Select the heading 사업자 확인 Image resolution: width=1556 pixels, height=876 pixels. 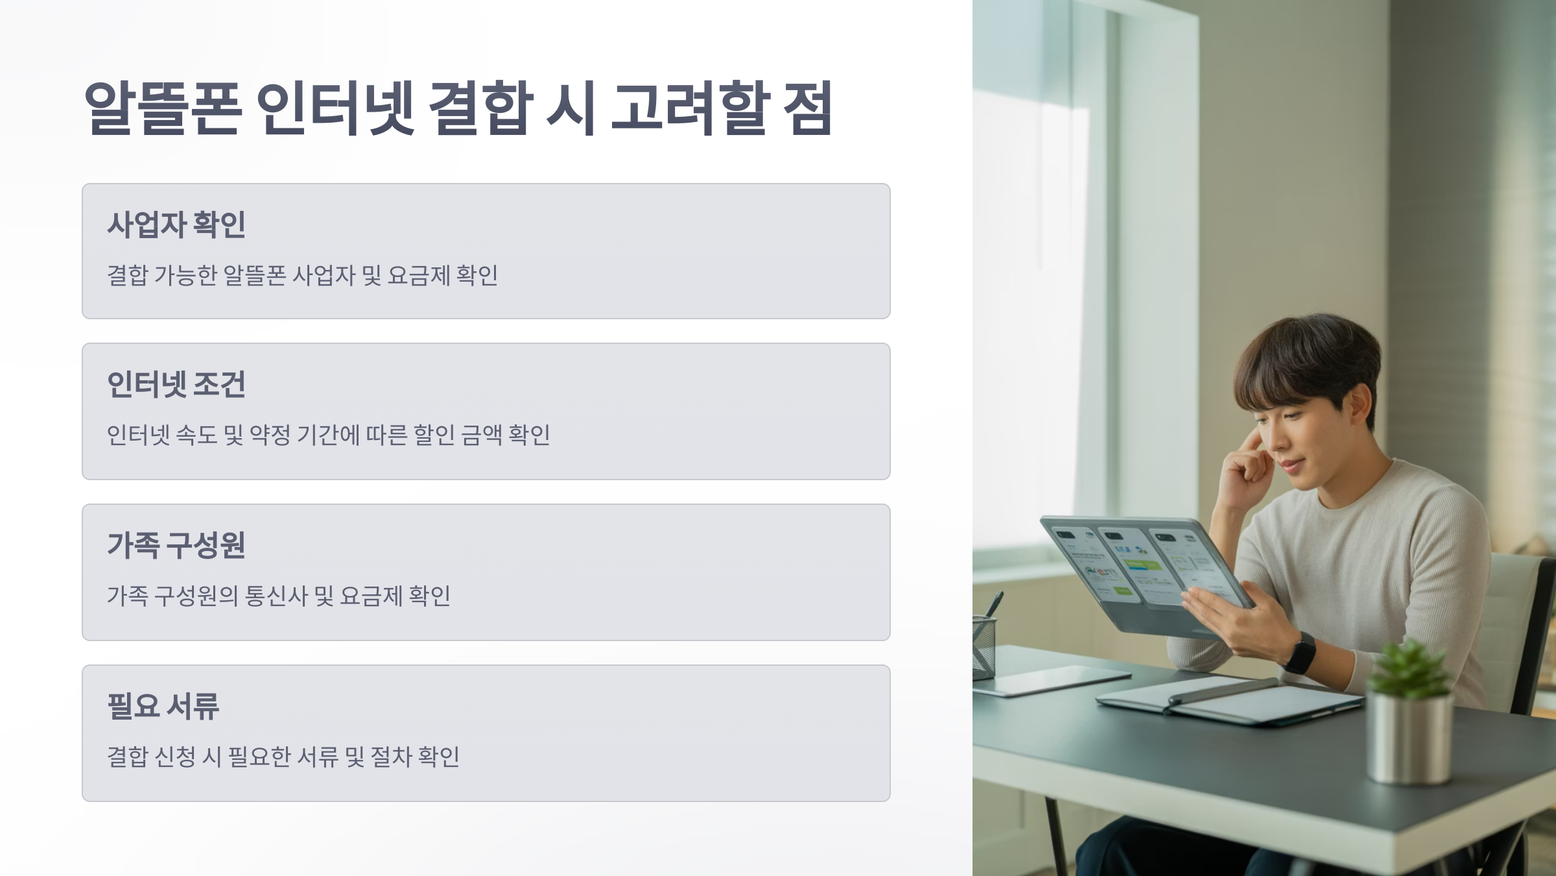(176, 225)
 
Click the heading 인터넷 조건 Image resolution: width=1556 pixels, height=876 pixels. (176, 385)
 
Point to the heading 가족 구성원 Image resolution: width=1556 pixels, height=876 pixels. (176, 545)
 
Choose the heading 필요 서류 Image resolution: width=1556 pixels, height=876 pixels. (163, 706)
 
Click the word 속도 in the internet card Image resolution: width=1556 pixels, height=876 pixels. (196, 435)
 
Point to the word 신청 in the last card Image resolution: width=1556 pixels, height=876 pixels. (174, 757)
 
